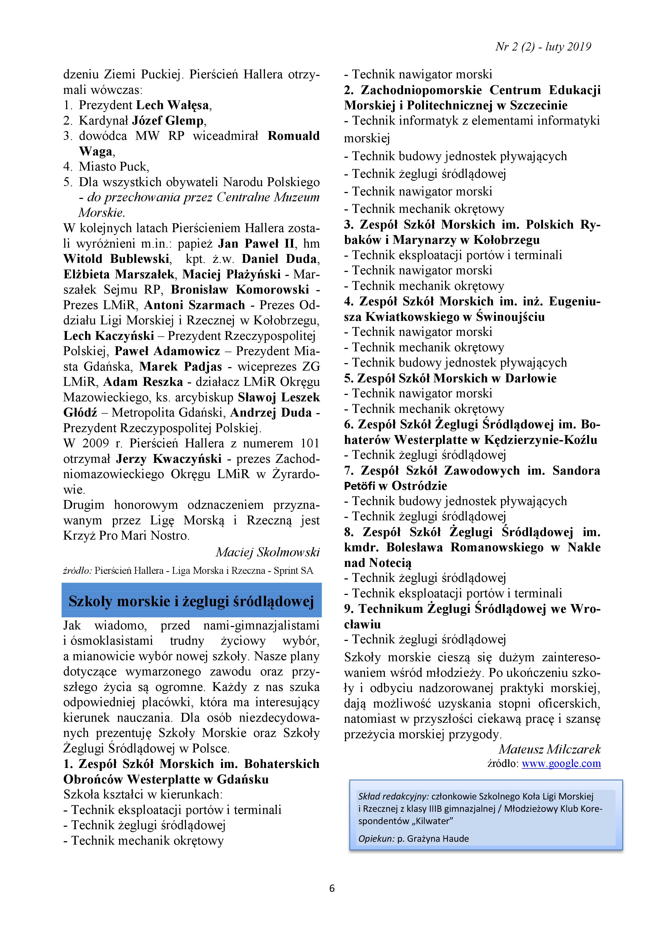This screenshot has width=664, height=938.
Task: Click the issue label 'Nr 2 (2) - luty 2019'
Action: pyautogui.click(x=543, y=47)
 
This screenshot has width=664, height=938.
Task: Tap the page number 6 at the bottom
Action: pyautogui.click(x=332, y=888)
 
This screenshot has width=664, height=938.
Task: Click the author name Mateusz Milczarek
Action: pyautogui.click(x=549, y=749)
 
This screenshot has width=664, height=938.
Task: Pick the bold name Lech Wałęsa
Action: pyautogui.click(x=173, y=105)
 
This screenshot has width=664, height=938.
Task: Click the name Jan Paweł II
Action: pyautogui.click(x=256, y=244)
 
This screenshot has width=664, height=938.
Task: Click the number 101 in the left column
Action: pyautogui.click(x=309, y=443)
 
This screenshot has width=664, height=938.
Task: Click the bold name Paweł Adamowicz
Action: pyautogui.click(x=167, y=351)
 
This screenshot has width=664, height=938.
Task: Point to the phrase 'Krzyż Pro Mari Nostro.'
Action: pyautogui.click(x=126, y=536)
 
